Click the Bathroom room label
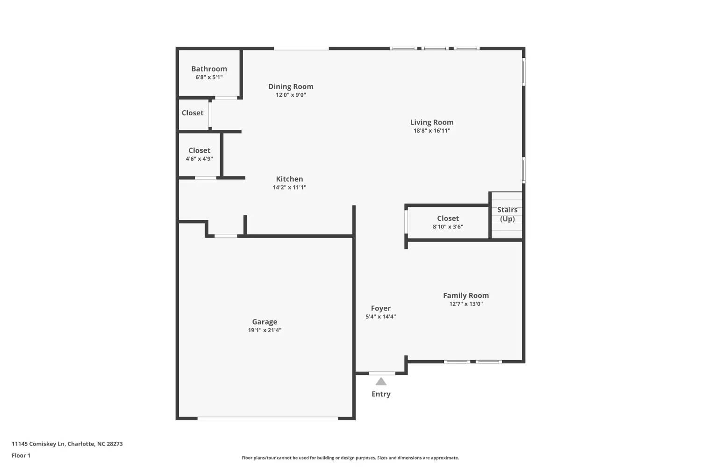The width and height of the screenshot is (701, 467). click(209, 69)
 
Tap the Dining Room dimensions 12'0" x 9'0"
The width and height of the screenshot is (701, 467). click(291, 95)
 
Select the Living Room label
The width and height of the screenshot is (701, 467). click(431, 122)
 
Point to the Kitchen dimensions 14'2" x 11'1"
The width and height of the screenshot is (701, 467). click(289, 187)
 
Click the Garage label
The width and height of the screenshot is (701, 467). click(265, 322)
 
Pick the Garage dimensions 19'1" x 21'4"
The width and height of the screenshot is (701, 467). click(265, 330)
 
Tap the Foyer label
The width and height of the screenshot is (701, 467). click(380, 308)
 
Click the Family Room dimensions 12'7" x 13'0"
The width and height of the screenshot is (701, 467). click(466, 304)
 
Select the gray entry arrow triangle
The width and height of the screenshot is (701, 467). click(381, 382)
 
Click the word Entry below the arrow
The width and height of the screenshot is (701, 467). click(381, 394)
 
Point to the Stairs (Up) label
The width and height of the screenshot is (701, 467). click(507, 214)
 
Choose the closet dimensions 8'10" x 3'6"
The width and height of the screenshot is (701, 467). click(448, 227)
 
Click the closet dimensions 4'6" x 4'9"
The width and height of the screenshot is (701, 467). click(199, 159)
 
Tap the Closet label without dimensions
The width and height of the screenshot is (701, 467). click(193, 113)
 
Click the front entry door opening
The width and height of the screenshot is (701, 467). click(382, 373)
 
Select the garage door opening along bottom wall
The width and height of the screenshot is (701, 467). click(268, 418)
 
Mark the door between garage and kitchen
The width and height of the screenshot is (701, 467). click(226, 236)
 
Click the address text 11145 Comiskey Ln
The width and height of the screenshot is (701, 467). click(38, 444)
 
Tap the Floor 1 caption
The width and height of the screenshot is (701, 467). click(21, 455)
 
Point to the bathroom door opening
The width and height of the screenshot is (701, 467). click(226, 98)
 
